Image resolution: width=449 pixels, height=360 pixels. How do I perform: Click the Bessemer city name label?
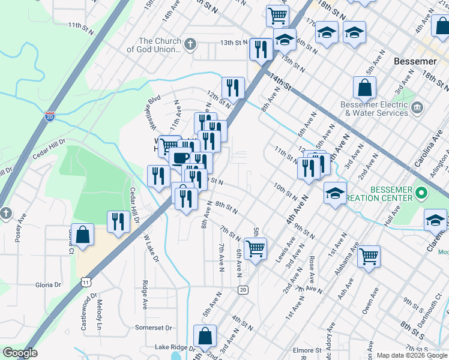click(x=415, y=61)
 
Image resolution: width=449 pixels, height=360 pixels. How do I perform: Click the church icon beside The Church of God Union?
click(x=190, y=44)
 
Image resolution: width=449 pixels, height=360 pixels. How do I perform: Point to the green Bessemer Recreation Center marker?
click(x=421, y=194)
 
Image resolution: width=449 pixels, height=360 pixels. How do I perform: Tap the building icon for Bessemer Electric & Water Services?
click(x=418, y=109)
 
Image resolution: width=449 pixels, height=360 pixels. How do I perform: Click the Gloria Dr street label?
click(x=49, y=285)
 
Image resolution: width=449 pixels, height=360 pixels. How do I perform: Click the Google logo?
click(x=20, y=353)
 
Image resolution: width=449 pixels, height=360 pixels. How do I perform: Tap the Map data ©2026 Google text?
click(x=411, y=355)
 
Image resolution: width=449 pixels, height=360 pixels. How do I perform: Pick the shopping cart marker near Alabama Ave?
click(x=369, y=256)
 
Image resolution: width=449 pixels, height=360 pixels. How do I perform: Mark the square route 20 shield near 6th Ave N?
click(x=243, y=290)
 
